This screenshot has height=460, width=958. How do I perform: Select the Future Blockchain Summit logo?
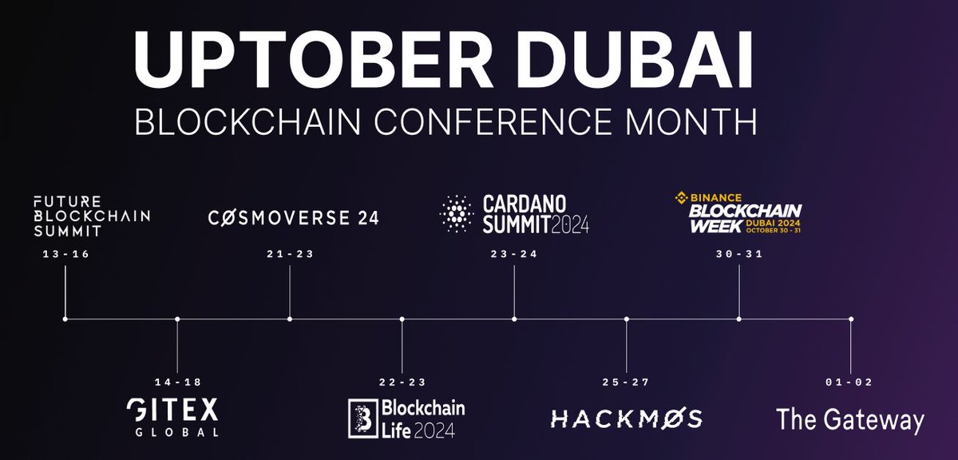pos(91,214)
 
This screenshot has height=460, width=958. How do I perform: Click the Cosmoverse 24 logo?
pos(293,217)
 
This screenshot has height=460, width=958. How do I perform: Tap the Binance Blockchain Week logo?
pos(738,212)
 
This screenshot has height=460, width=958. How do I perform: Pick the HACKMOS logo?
pos(627,418)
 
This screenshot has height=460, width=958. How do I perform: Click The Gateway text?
pos(850,419)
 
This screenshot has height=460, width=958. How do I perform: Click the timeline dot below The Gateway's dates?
pos(851,319)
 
